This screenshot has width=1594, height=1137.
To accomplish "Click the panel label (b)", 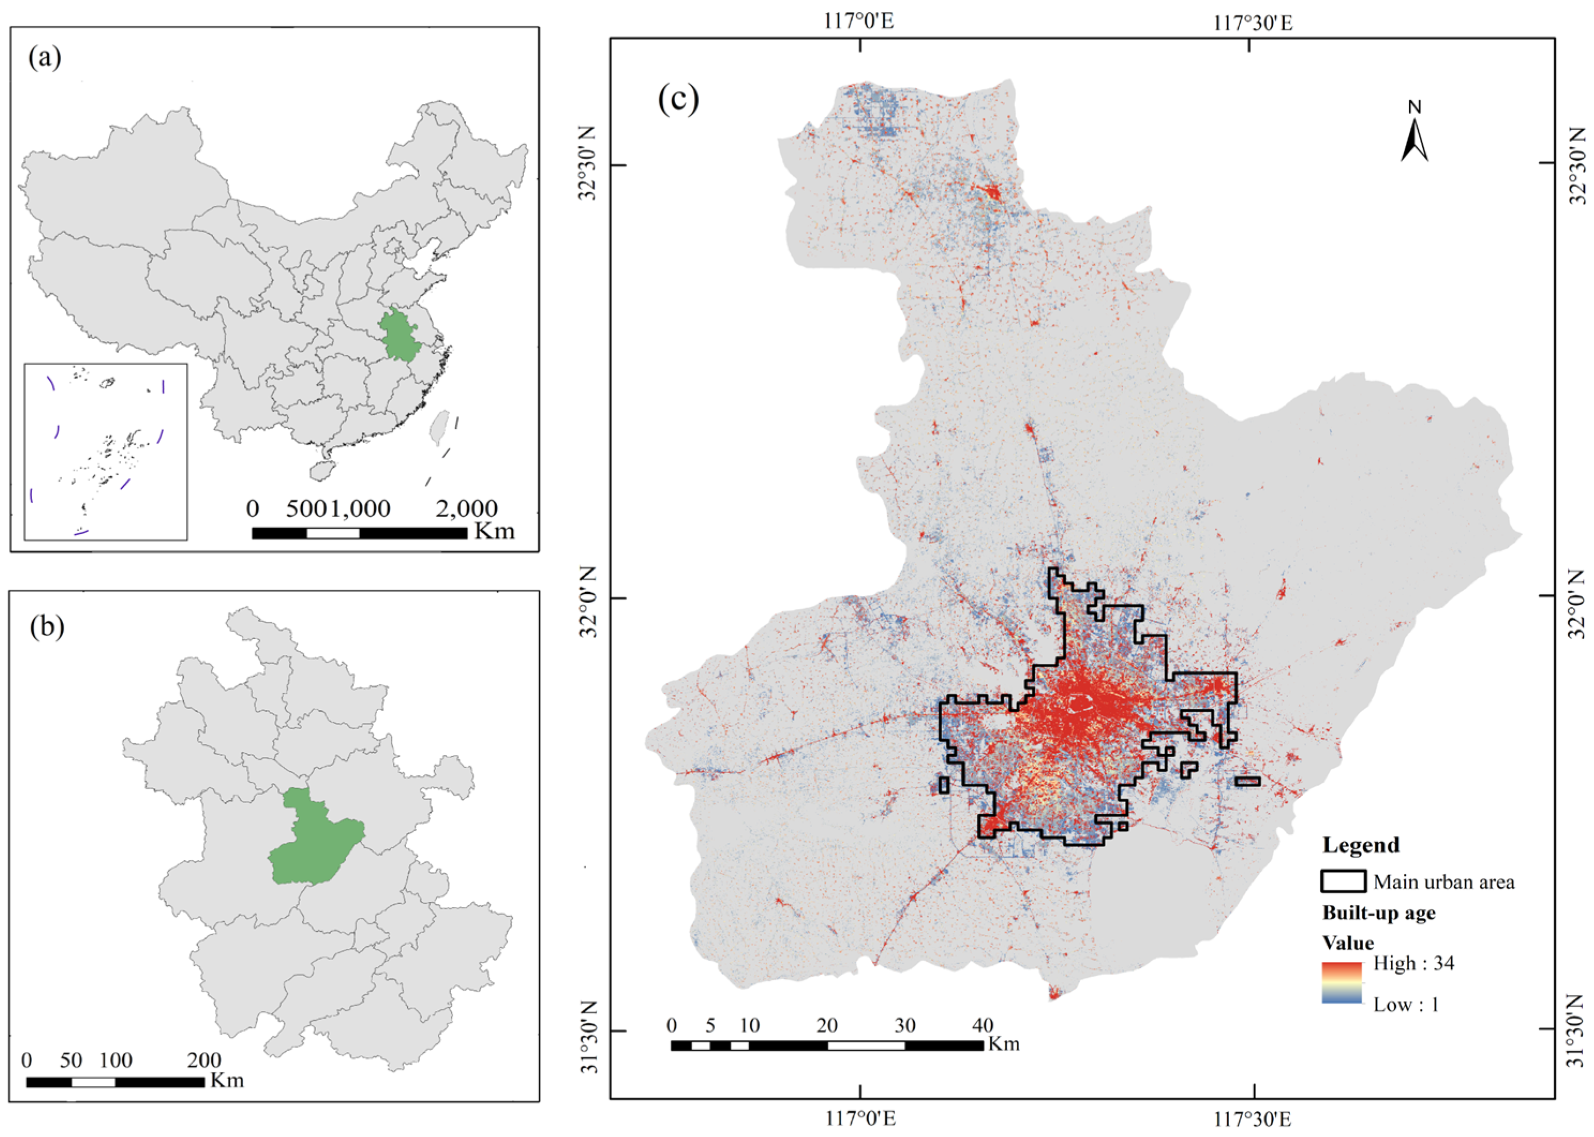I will pyautogui.click(x=47, y=626).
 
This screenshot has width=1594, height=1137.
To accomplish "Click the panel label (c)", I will pyautogui.click(x=678, y=100).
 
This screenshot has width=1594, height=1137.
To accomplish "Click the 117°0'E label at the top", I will pyautogui.click(x=859, y=22).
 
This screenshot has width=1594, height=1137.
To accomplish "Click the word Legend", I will pyautogui.click(x=1360, y=845).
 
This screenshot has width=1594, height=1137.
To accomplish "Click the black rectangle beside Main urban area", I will pyautogui.click(x=1343, y=881).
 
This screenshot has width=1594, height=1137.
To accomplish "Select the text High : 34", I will pyautogui.click(x=1413, y=963).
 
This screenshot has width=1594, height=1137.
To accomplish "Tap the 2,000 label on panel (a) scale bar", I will pyautogui.click(x=466, y=509).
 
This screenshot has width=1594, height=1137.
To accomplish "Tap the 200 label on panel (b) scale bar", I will pyautogui.click(x=205, y=1060).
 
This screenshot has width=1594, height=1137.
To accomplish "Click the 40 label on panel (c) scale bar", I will pyautogui.click(x=983, y=1026).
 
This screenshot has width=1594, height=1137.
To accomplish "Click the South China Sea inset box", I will pyautogui.click(x=106, y=452).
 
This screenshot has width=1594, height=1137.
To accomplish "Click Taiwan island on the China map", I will pyautogui.click(x=439, y=427).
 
